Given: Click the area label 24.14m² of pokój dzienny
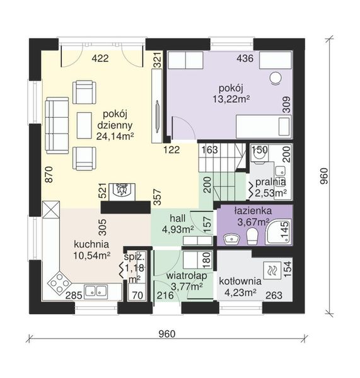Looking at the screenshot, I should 114,135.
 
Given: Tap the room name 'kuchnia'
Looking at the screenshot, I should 92,244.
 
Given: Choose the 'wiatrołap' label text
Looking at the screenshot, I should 184,276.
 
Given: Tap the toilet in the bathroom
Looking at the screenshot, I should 252,236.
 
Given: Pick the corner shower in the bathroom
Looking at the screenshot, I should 278,232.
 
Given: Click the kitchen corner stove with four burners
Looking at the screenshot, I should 58,282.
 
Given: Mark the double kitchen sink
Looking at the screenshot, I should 96,291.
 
